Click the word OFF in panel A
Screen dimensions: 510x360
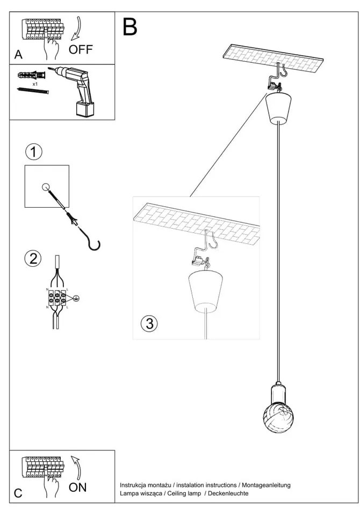[81, 50]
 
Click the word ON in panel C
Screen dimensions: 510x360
[77, 488]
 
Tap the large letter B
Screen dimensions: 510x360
[130, 27]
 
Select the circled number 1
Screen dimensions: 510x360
[33, 152]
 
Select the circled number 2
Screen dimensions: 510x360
[33, 258]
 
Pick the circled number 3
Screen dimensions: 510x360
[149, 323]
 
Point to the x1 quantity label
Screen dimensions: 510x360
[35, 85]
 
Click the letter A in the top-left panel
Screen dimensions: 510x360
[18, 55]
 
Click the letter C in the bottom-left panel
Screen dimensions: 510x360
[18, 493]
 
